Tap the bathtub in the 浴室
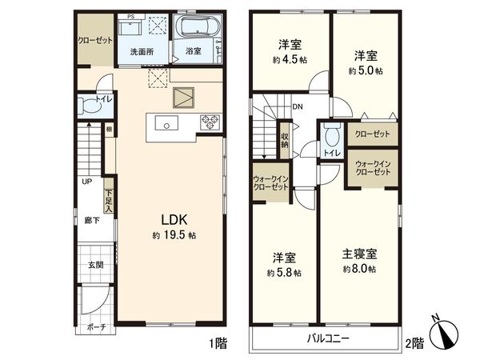coord(194,29)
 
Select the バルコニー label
coord(328,339)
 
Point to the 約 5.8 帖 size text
coord(285,272)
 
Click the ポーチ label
coord(96,327)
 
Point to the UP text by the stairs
coord(85,181)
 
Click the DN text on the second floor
coord(297,106)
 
